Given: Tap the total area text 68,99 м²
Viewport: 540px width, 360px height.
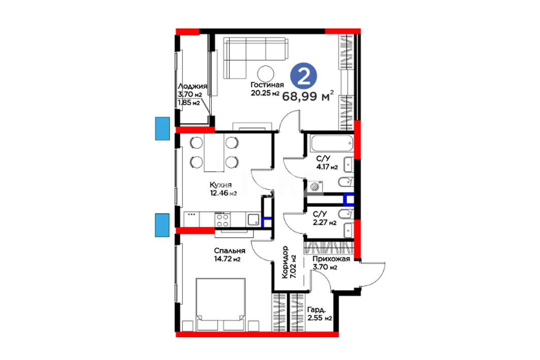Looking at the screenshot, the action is [308, 96].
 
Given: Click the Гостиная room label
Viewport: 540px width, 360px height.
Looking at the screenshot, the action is [267, 85].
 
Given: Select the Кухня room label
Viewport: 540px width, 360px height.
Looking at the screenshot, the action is [220, 185].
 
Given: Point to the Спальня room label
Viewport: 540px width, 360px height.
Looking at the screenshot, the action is [230, 250].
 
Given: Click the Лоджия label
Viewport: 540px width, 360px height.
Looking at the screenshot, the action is [192, 86].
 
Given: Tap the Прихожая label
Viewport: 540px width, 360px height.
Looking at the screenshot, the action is [331, 259].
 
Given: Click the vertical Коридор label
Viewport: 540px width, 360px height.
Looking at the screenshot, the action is [285, 262].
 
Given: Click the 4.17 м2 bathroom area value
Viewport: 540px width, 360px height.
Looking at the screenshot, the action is [327, 167].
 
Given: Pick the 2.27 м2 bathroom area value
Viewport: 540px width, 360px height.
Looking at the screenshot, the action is [325, 222].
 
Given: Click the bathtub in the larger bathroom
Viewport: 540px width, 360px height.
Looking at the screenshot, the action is [332, 143].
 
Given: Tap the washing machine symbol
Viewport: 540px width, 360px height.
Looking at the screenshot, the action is [315, 186].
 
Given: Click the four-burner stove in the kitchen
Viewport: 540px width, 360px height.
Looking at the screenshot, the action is [222, 220].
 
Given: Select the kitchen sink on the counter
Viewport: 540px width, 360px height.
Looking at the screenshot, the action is [253, 220].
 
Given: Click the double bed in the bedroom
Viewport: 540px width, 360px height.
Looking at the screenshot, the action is [220, 304].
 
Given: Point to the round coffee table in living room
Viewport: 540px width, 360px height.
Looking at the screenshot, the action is [266, 73].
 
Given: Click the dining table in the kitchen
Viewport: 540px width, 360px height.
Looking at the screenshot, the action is [214, 152].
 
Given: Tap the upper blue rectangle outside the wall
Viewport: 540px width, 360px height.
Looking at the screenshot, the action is [162, 128].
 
